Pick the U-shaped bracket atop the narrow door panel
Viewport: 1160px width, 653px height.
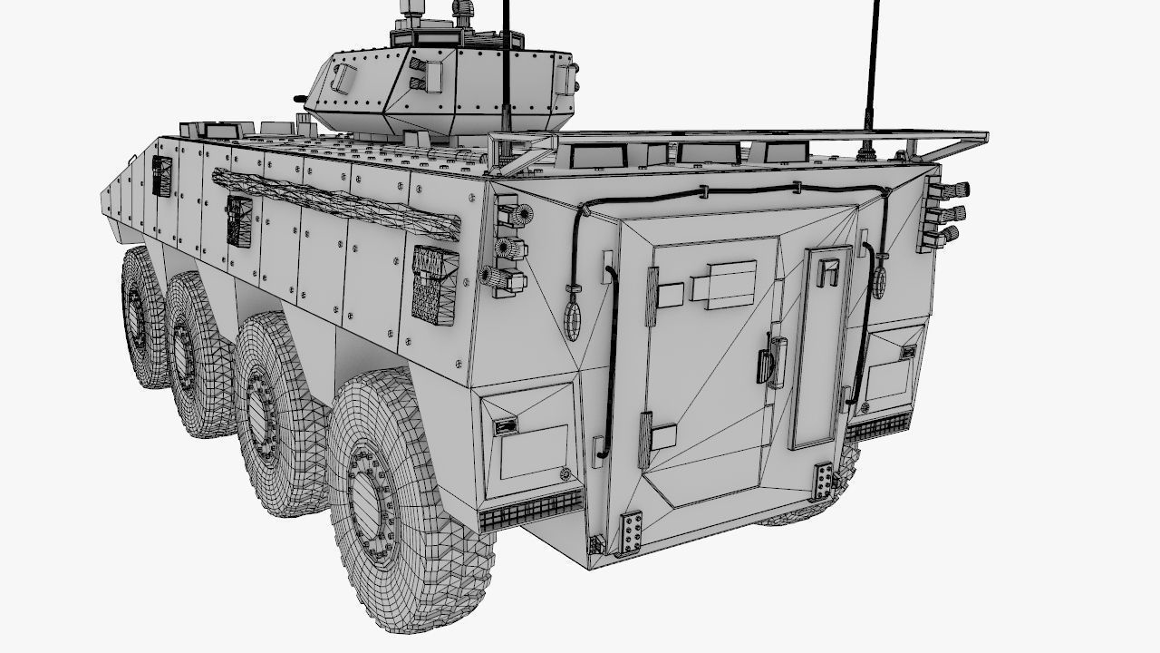826,270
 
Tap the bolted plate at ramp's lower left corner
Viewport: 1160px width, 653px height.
631,532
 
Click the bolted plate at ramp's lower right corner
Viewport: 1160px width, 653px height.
824,481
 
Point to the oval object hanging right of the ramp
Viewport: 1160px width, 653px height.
879,281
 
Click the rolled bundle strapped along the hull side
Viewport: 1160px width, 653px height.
335,201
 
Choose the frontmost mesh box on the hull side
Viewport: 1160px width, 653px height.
161,175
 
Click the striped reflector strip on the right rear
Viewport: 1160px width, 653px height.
878,425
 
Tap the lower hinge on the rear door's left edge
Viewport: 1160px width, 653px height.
644,439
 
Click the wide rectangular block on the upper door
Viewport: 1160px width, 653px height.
723,280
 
